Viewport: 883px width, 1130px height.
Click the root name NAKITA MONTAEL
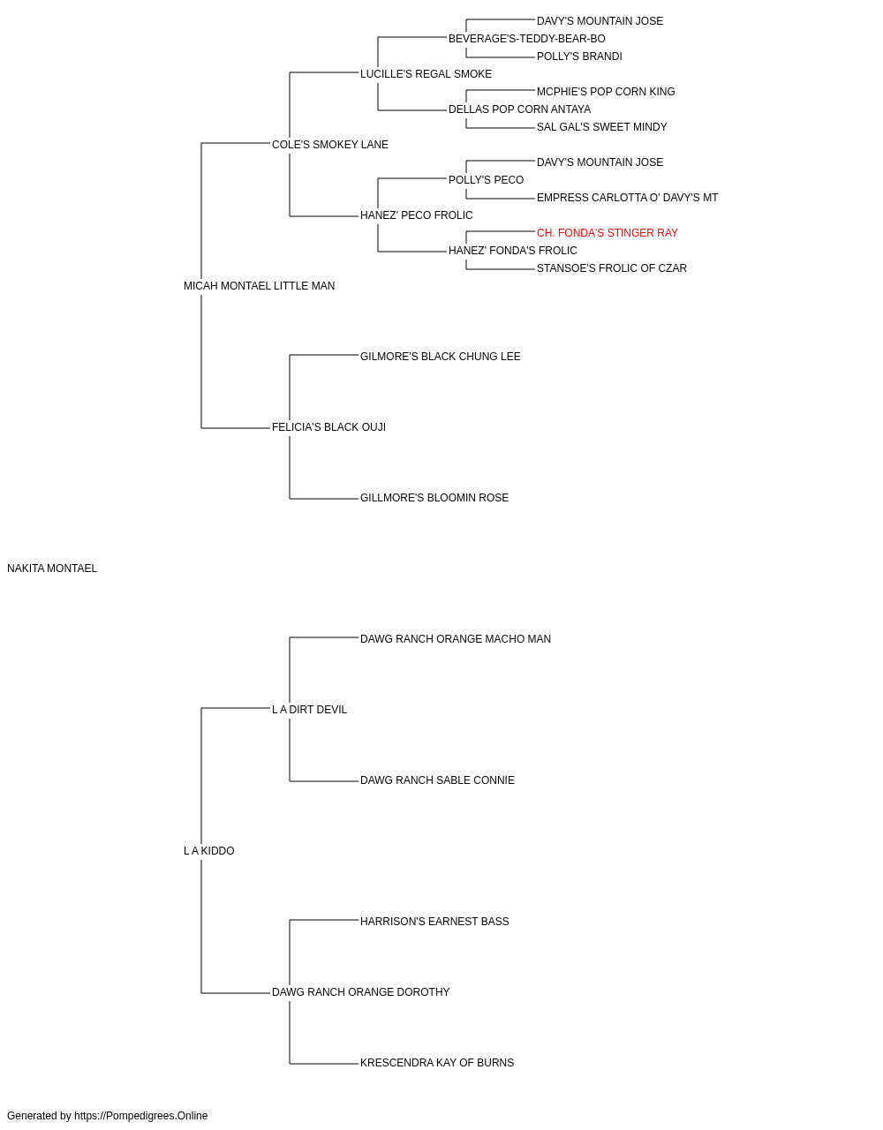point(52,569)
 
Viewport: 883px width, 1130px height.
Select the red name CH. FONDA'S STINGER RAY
point(607,233)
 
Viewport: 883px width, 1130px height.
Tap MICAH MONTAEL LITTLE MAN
point(259,286)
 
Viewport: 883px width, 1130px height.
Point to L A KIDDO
point(208,851)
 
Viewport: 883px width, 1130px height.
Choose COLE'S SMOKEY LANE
point(329,145)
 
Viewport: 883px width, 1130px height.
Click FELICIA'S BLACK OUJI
point(328,427)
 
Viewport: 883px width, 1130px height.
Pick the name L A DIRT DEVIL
point(309,710)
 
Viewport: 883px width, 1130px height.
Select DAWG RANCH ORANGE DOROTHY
point(360,992)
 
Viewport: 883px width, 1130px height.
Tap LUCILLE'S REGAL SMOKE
point(426,74)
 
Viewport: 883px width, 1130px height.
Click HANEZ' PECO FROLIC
point(416,215)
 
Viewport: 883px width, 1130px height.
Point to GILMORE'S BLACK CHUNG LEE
point(440,357)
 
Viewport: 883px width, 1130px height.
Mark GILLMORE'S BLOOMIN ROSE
point(434,498)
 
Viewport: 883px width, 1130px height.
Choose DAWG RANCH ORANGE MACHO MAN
point(455,639)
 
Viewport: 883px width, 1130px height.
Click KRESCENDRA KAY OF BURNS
point(437,1063)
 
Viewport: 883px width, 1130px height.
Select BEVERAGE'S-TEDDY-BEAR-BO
point(527,39)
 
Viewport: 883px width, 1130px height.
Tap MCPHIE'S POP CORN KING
point(606,92)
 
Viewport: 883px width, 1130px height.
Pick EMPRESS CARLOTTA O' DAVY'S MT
point(627,198)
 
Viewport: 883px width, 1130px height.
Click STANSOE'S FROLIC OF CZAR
point(612,268)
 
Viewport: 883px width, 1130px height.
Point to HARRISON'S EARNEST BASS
point(434,922)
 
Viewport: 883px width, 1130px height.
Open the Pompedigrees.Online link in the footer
point(140,1116)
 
